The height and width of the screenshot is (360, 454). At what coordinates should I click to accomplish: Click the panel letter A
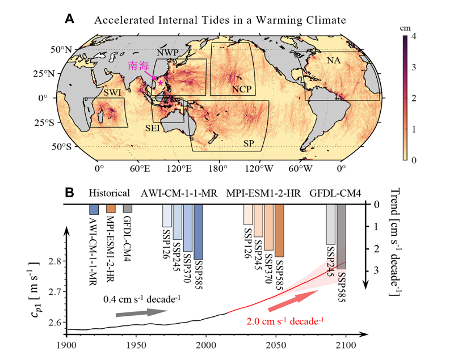point(69,19)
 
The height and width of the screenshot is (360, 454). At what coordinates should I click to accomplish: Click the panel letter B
point(69,193)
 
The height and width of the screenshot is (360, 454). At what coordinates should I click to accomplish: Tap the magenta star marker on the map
point(161,83)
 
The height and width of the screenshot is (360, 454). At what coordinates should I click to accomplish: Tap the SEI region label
point(152,128)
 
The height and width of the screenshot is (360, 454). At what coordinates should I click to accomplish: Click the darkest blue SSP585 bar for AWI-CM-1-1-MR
point(198,231)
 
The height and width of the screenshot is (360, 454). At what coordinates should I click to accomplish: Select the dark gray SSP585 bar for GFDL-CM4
point(342,236)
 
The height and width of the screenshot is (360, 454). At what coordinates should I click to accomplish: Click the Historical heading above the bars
point(110,193)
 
